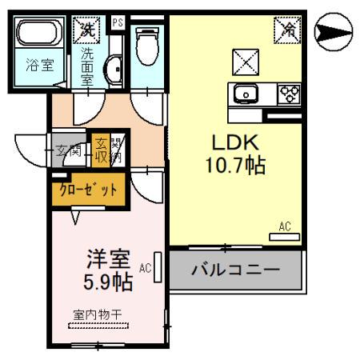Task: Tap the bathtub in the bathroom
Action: tap(41, 35)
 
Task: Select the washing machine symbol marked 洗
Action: tap(86, 30)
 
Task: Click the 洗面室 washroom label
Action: tap(87, 68)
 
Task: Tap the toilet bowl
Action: tap(146, 44)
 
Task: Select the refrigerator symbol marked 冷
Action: tap(286, 30)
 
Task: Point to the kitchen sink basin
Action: tap(245, 94)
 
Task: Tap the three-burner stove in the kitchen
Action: tap(287, 94)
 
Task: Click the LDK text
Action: tap(234, 142)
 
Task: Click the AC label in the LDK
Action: tap(284, 226)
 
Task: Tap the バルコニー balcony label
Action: tap(235, 270)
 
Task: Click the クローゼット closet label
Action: tap(89, 190)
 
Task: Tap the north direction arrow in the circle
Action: tap(334, 32)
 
